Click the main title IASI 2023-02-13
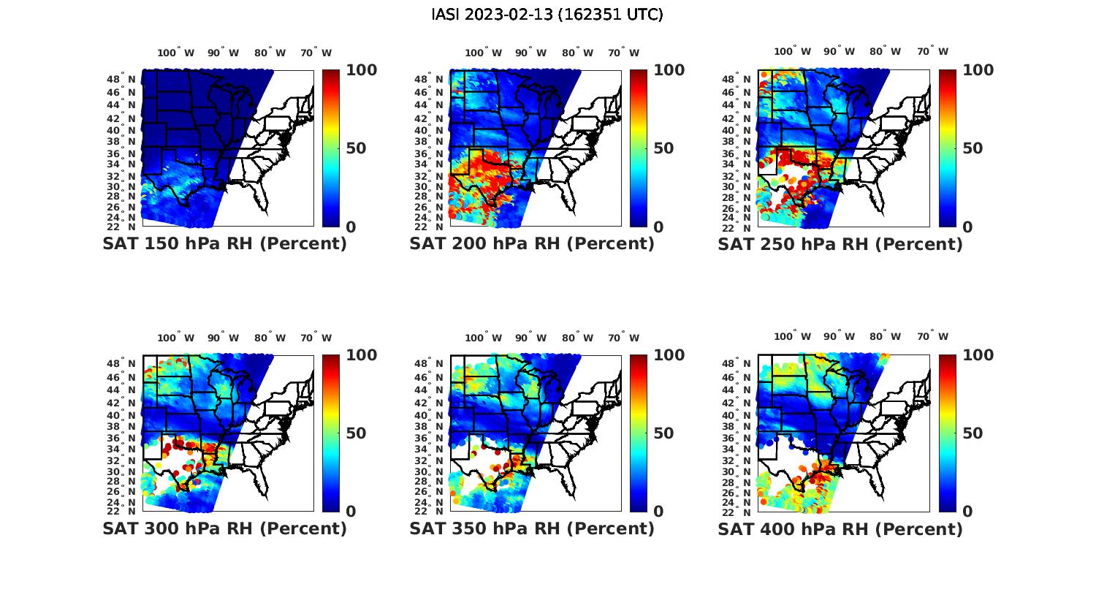[x=547, y=15]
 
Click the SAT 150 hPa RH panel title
[x=224, y=244]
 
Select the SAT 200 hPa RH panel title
[x=532, y=244]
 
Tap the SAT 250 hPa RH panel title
[x=840, y=244]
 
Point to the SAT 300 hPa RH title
[x=224, y=528]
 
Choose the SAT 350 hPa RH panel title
[x=532, y=528]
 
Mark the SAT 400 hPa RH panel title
[x=840, y=528]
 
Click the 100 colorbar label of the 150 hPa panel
[x=362, y=70]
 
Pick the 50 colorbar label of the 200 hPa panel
[x=663, y=148]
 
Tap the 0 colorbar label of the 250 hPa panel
[x=967, y=227]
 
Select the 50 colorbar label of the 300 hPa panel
[x=356, y=433]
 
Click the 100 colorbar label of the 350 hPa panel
[x=669, y=355]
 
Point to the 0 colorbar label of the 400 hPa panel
[x=967, y=512]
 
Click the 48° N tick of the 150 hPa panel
[x=122, y=79]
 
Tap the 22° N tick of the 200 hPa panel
[x=430, y=227]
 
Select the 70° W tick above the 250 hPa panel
[x=933, y=51]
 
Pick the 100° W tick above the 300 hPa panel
[x=176, y=338]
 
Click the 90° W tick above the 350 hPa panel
[x=530, y=338]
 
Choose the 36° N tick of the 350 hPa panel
[x=430, y=439]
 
